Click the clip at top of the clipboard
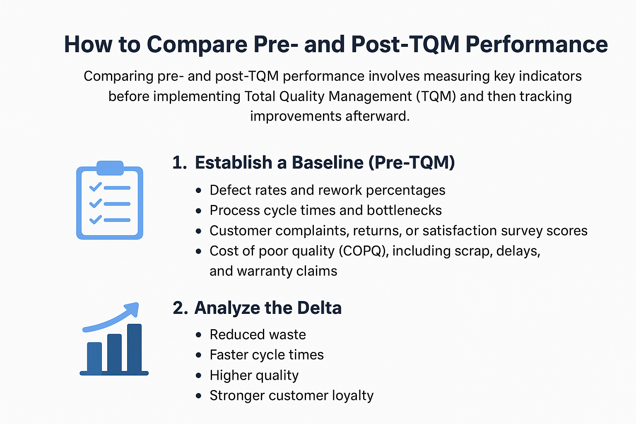110,168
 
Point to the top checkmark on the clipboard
96,187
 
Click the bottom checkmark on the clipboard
96,219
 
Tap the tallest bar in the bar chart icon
134,348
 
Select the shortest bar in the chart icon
94,357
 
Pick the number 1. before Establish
179,163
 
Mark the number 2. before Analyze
180,308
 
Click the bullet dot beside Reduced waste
199,335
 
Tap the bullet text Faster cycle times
267,355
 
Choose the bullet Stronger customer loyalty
291,395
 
